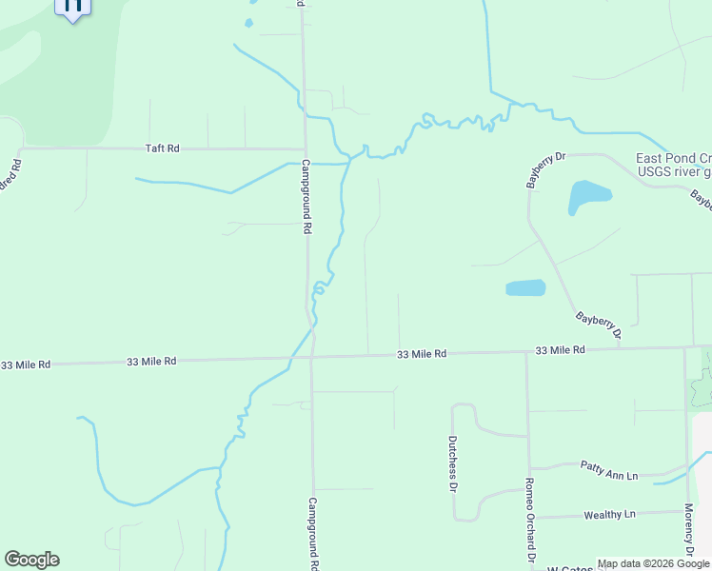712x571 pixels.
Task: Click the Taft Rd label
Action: click(x=163, y=148)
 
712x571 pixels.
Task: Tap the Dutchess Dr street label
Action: click(x=452, y=464)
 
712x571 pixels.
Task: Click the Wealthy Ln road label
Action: click(x=609, y=515)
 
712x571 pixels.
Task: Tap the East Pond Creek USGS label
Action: click(x=673, y=166)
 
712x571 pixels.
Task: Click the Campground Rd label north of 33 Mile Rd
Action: click(x=307, y=197)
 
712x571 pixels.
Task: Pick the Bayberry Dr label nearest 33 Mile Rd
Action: click(x=599, y=325)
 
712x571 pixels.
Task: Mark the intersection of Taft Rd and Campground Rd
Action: click(x=305, y=149)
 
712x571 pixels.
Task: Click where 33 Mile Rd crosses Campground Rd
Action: click(x=312, y=358)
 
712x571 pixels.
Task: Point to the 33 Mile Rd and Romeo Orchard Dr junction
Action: click(x=527, y=352)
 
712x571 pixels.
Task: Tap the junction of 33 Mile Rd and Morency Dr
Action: click(x=684, y=348)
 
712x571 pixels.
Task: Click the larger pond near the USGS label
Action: click(x=589, y=196)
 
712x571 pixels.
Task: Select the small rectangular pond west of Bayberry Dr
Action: click(x=525, y=287)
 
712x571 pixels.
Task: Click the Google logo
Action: click(x=31, y=560)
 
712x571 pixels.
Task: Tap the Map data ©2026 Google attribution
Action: click(x=653, y=563)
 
